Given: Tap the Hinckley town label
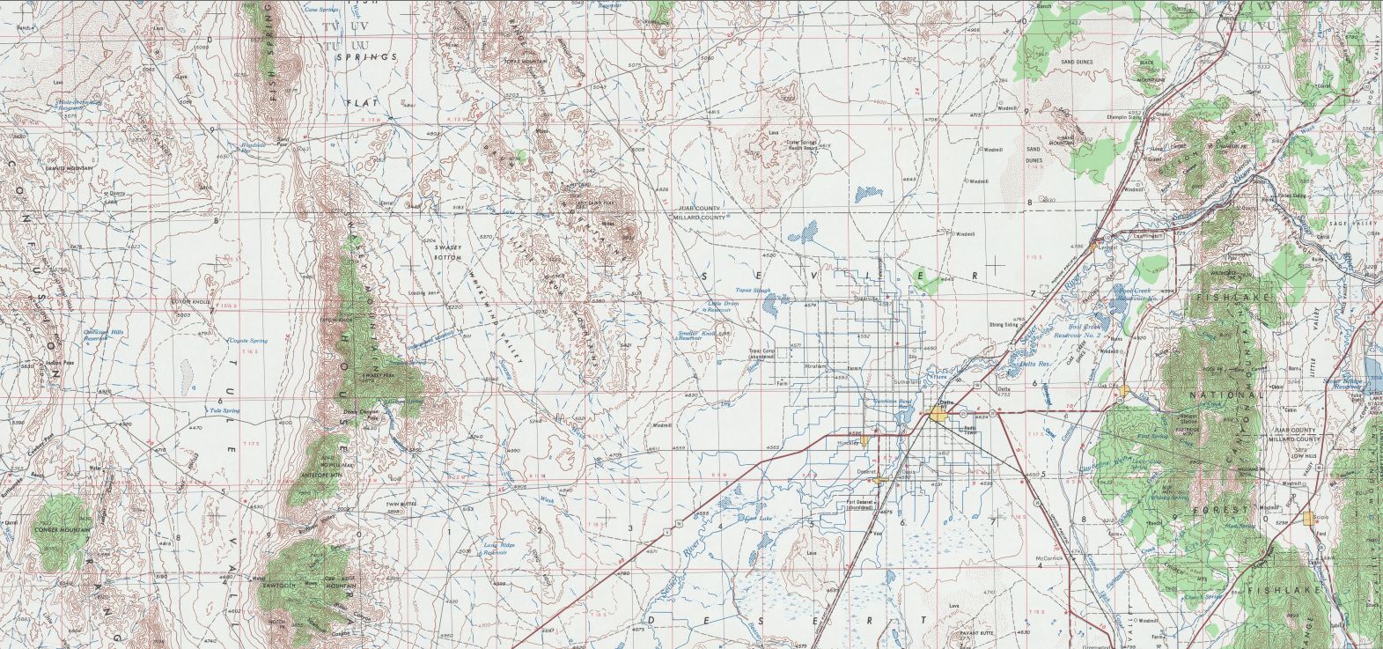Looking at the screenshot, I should pos(848,443).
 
